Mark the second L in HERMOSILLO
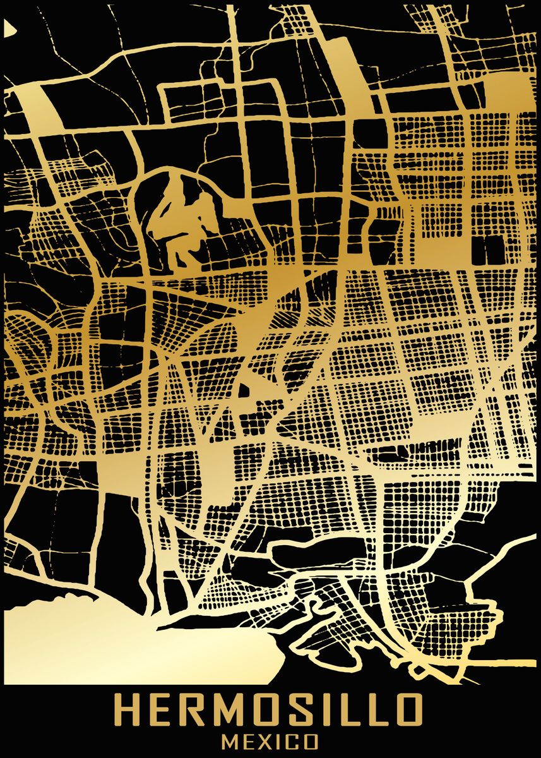click(376, 712)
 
